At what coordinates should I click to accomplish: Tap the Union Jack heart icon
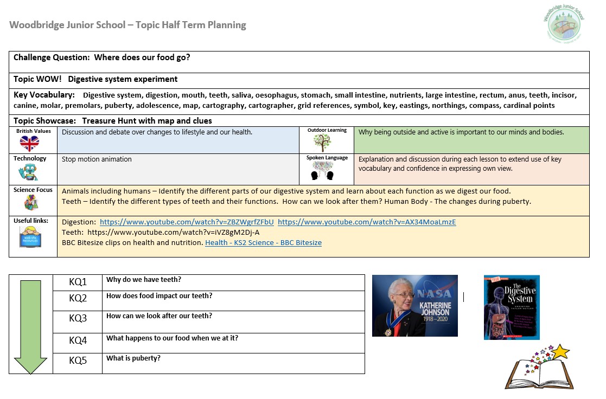[29, 143]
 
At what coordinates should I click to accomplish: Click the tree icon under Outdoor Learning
[322, 143]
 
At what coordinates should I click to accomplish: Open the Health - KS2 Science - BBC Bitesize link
[263, 243]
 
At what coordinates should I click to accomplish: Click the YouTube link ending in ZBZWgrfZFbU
[187, 222]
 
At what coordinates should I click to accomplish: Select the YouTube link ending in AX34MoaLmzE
[367, 222]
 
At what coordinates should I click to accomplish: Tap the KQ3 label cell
[78, 318]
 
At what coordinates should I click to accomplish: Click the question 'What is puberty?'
[133, 358]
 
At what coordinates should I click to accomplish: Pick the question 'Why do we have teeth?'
[144, 280]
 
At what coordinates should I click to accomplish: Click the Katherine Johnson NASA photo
[415, 305]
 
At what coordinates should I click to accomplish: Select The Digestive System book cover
[512, 307]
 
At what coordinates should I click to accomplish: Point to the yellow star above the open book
[561, 352]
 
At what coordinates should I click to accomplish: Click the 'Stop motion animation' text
[97, 159]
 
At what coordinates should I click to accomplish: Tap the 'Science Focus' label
[33, 190]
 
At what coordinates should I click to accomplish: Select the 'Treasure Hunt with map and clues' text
[147, 121]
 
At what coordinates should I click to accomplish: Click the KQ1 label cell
[78, 282]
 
